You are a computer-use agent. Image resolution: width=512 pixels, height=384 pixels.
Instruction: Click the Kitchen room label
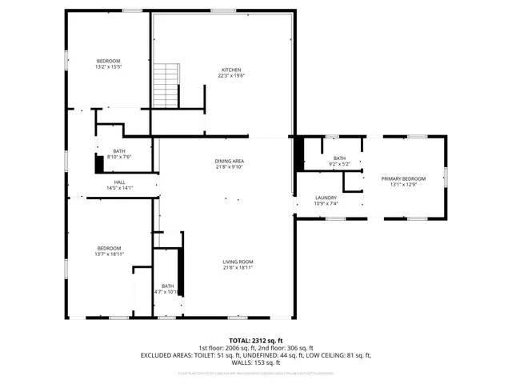(231, 70)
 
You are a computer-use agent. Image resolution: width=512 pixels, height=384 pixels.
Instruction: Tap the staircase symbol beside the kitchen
(165, 85)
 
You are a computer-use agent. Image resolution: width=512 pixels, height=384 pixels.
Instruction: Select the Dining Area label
(229, 161)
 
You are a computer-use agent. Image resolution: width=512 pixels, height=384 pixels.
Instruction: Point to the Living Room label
(238, 262)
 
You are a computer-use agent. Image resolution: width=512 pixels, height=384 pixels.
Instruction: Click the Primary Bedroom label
(403, 178)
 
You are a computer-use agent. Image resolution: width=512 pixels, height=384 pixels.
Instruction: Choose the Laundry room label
(326, 198)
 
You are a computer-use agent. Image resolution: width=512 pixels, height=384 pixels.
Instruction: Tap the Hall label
(119, 182)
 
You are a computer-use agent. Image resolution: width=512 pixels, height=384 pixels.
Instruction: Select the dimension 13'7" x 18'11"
(109, 254)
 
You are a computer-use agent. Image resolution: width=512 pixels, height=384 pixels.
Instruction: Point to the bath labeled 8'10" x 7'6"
(119, 157)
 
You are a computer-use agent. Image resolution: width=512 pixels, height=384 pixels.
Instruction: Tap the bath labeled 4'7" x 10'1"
(167, 292)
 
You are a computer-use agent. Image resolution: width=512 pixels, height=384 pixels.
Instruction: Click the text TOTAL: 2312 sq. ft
(256, 340)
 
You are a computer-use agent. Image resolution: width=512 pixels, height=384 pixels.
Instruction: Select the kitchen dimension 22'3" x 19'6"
(231, 76)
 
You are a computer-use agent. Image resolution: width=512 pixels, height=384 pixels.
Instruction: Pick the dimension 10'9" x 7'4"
(326, 204)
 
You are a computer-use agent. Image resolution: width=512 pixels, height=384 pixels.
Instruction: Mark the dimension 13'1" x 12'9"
(403, 185)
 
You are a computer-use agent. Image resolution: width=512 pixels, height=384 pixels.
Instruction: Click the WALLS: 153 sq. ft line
(256, 362)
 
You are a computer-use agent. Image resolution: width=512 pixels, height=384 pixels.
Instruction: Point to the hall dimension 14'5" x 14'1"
(119, 189)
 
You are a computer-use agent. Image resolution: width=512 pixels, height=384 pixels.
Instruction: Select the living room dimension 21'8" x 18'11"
(238, 268)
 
